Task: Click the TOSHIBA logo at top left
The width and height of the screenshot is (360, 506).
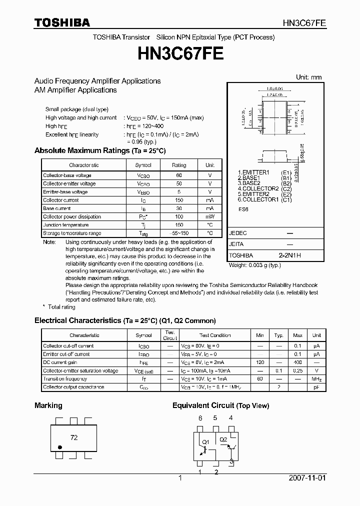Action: [x=62, y=22]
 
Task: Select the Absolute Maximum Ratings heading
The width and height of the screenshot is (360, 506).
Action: [x=99, y=150]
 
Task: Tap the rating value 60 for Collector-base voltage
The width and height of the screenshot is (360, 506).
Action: [x=178, y=175]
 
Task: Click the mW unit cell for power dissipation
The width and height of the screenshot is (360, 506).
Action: [x=209, y=216]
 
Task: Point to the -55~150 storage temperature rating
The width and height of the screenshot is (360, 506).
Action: [x=178, y=233]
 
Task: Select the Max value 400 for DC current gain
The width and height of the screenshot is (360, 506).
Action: [x=297, y=362]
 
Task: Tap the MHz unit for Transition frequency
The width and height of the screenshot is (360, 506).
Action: [x=316, y=379]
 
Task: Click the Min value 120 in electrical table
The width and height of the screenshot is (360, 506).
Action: [x=259, y=362]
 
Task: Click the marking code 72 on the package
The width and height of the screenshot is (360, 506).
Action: [x=74, y=437]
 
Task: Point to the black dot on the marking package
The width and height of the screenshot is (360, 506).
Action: [x=60, y=447]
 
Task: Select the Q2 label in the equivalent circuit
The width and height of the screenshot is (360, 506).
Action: [x=223, y=439]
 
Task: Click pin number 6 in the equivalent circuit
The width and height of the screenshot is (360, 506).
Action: [x=200, y=418]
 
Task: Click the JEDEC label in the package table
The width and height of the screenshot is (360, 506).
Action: [x=237, y=233]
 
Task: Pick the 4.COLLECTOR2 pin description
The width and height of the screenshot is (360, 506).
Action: [x=258, y=188]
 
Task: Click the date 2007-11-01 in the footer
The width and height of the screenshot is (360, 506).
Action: [x=307, y=478]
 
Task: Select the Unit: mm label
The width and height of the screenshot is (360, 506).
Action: [x=308, y=77]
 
